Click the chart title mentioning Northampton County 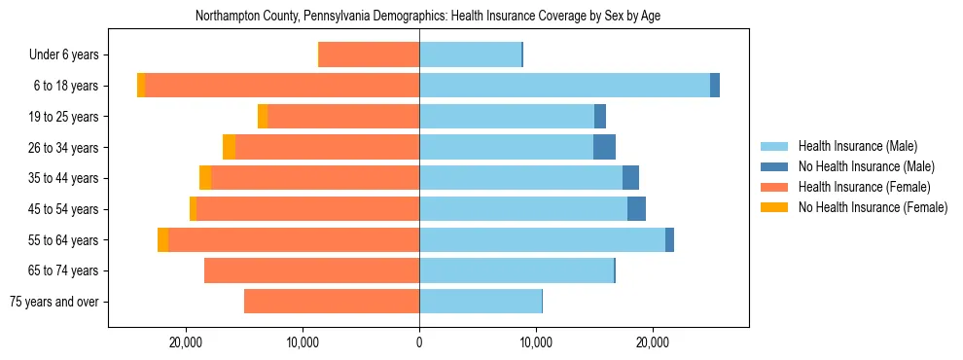tap(428, 17)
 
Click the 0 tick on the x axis tap(419, 342)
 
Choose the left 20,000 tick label tap(185, 342)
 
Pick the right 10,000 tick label tap(536, 342)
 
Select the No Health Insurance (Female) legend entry tap(873, 207)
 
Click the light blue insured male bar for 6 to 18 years tap(564, 86)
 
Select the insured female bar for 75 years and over tap(331, 302)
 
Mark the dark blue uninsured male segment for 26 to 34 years tap(604, 147)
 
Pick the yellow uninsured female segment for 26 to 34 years tap(229, 147)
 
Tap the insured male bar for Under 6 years tap(470, 54)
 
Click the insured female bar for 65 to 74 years tap(311, 270)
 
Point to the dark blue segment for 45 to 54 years tap(636, 208)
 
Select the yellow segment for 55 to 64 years tap(162, 239)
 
